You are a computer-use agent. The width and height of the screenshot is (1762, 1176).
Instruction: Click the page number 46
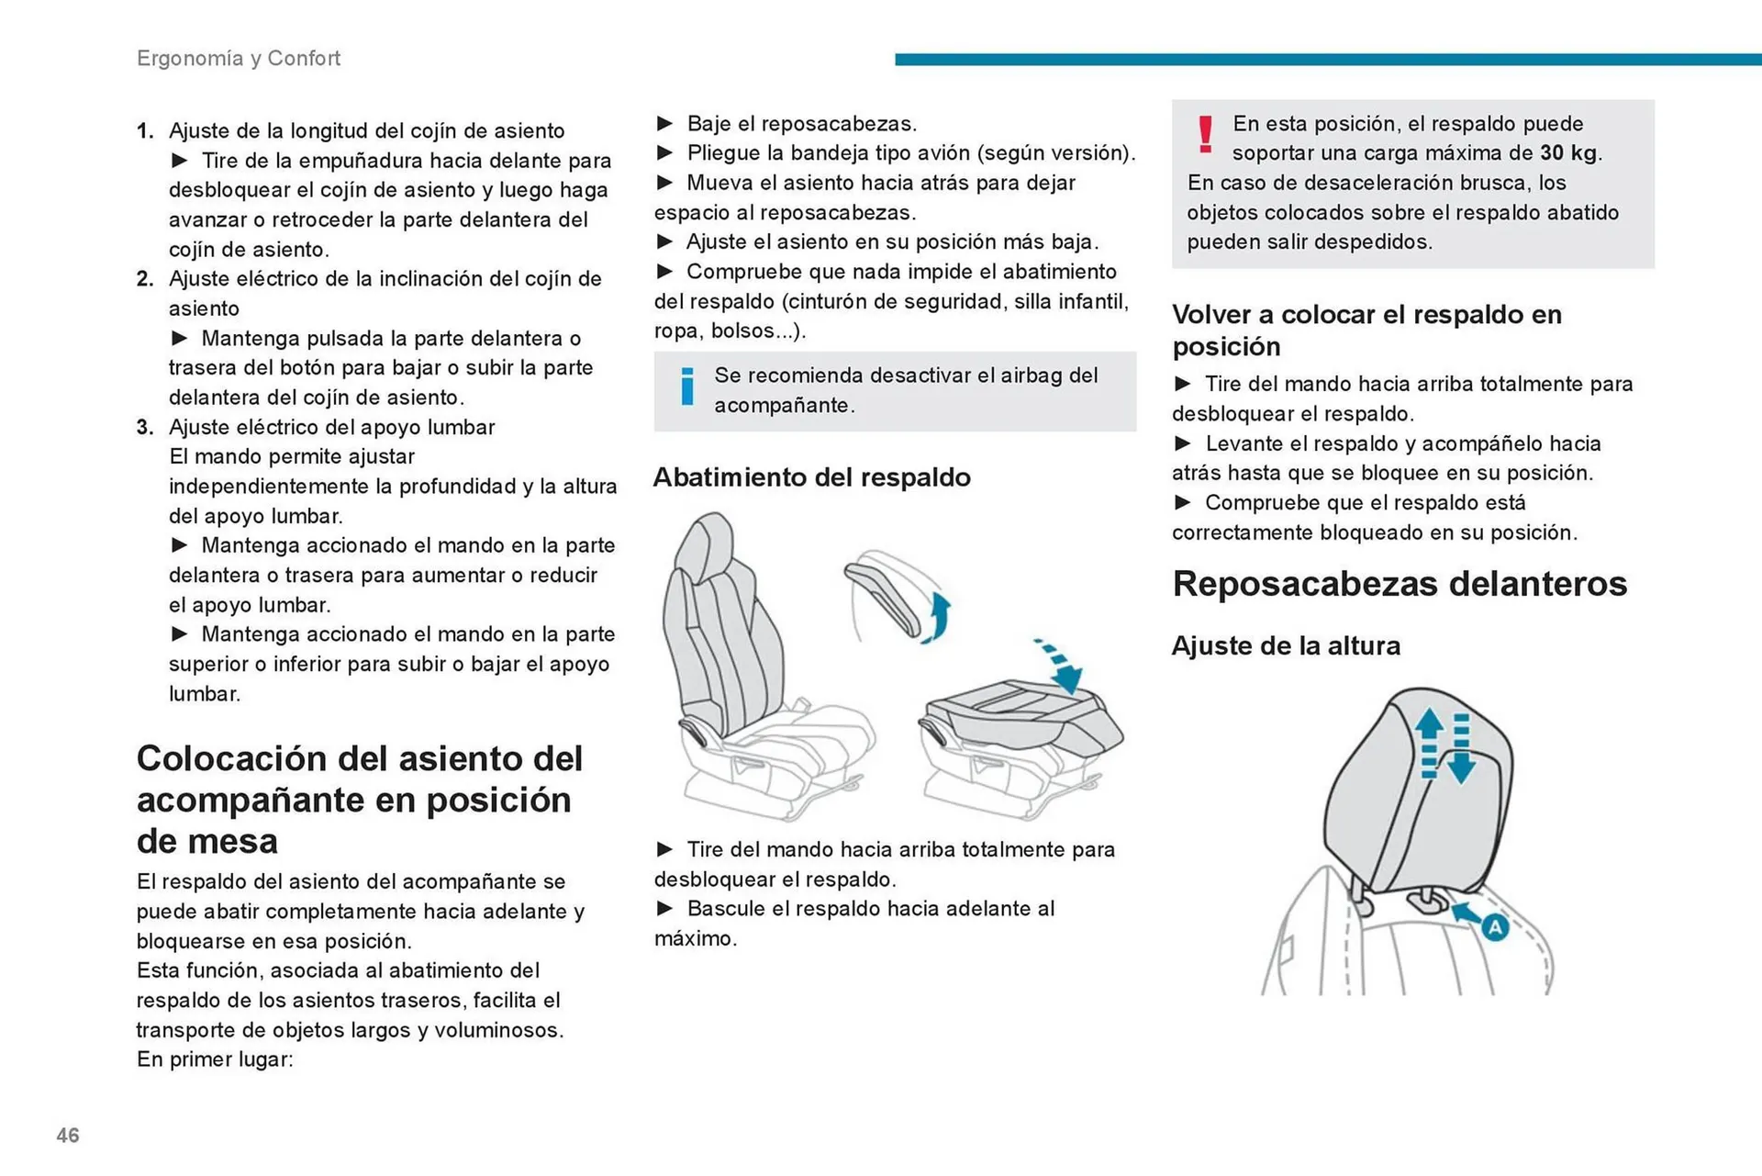68,1136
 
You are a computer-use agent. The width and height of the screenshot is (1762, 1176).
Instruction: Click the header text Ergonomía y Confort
239,58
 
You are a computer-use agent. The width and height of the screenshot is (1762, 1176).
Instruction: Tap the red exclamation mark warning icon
1206,134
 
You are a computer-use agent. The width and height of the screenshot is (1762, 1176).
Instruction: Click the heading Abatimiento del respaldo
811,477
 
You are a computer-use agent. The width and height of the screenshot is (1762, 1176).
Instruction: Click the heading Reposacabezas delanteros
1400,584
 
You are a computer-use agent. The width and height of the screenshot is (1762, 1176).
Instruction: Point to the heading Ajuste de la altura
1286,646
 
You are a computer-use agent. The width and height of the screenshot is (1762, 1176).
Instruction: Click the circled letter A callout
1495,927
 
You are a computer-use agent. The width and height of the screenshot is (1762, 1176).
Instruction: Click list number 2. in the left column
145,279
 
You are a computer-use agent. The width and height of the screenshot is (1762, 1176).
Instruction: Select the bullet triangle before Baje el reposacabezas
665,124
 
